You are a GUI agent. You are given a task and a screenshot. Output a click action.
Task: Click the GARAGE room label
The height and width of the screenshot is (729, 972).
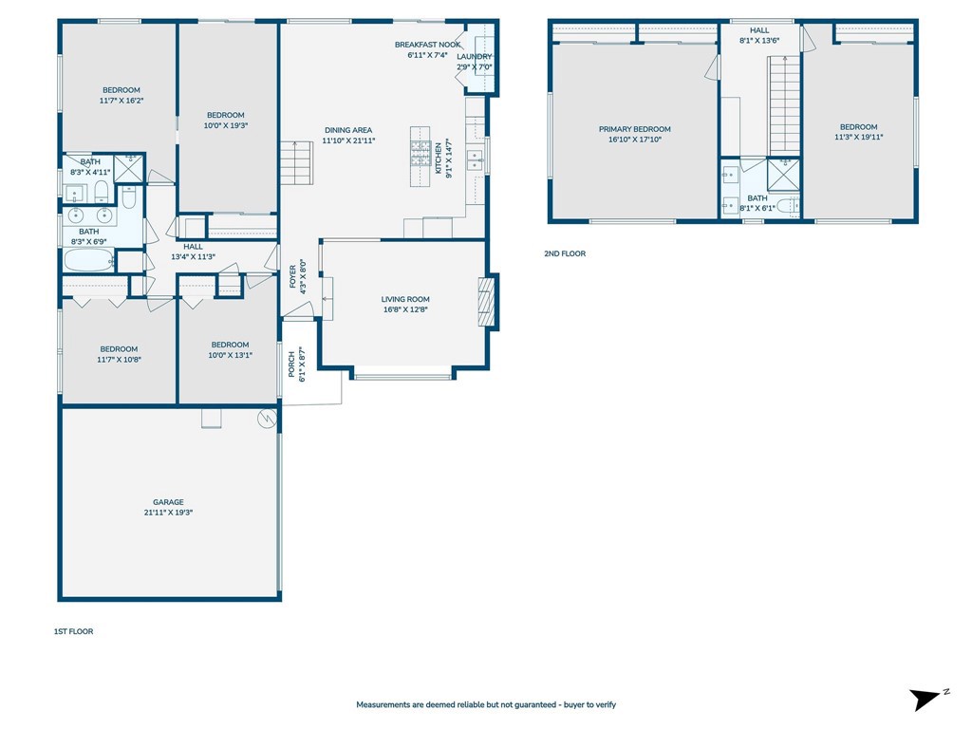(x=169, y=502)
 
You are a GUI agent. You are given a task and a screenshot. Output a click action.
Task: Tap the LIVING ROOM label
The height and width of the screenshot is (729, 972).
(x=405, y=299)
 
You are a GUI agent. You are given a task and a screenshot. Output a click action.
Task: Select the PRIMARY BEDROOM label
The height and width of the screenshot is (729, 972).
(x=635, y=129)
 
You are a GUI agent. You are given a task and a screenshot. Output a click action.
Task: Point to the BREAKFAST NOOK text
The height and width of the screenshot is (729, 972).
(x=428, y=45)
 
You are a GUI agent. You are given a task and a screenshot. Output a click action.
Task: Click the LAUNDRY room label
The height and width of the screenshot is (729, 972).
(x=475, y=56)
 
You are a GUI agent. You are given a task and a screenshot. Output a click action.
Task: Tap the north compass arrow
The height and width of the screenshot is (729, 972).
(x=925, y=700)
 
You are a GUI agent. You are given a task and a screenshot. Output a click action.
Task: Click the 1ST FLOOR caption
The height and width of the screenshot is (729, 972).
(x=74, y=631)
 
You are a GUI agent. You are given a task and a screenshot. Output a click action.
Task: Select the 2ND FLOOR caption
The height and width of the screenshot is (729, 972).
(x=565, y=253)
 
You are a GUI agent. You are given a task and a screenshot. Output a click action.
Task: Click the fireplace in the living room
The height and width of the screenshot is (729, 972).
(x=487, y=302)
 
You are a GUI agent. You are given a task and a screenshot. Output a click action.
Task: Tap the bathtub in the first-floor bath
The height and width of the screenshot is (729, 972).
(x=89, y=260)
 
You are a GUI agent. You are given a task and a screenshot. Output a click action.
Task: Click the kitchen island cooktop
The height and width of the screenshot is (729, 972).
(x=421, y=153)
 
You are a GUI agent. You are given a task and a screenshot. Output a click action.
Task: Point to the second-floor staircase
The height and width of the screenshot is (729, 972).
(x=785, y=105)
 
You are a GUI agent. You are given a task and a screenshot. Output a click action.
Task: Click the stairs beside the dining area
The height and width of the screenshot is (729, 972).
(x=296, y=163)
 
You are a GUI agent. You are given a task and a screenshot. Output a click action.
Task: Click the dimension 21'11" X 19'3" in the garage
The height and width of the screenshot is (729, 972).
(x=169, y=513)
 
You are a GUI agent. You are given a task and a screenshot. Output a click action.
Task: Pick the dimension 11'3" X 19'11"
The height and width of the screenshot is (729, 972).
(x=858, y=137)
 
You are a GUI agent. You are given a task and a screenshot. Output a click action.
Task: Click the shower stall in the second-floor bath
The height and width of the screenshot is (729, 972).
(x=783, y=175)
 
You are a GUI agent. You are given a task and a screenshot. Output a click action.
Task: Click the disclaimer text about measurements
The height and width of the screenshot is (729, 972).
(x=486, y=705)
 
